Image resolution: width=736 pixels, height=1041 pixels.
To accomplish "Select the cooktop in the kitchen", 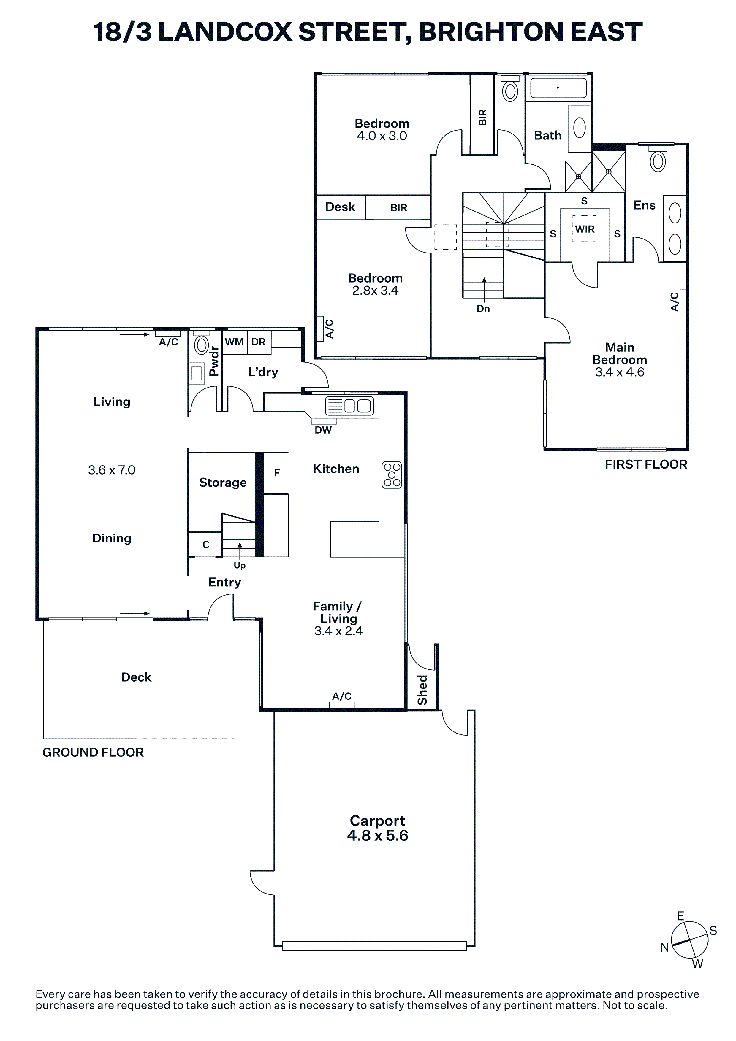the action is [x=392, y=475].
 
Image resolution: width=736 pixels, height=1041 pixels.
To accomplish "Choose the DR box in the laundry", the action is [x=259, y=342].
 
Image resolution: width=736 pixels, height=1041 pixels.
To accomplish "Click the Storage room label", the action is [x=223, y=483].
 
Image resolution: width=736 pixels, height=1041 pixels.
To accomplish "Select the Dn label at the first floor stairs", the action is [x=483, y=309].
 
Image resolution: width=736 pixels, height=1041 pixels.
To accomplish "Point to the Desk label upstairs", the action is [x=340, y=207].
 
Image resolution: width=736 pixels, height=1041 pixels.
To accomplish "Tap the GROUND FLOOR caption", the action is [x=93, y=752].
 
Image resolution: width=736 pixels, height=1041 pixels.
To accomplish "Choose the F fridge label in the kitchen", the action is [x=277, y=473].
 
